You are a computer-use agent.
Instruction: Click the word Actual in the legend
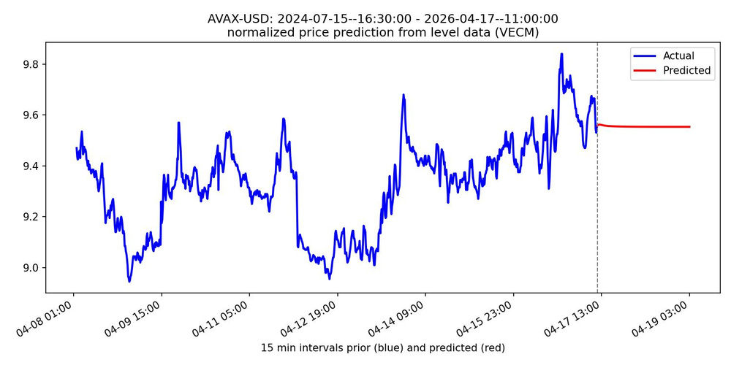click(678, 56)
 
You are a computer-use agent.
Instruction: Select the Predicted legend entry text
click(686, 71)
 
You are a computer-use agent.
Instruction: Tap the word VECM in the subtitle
click(520, 33)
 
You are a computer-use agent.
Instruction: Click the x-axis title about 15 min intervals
click(382, 348)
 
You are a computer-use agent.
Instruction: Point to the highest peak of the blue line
click(561, 53)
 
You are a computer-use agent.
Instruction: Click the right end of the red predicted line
click(689, 127)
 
